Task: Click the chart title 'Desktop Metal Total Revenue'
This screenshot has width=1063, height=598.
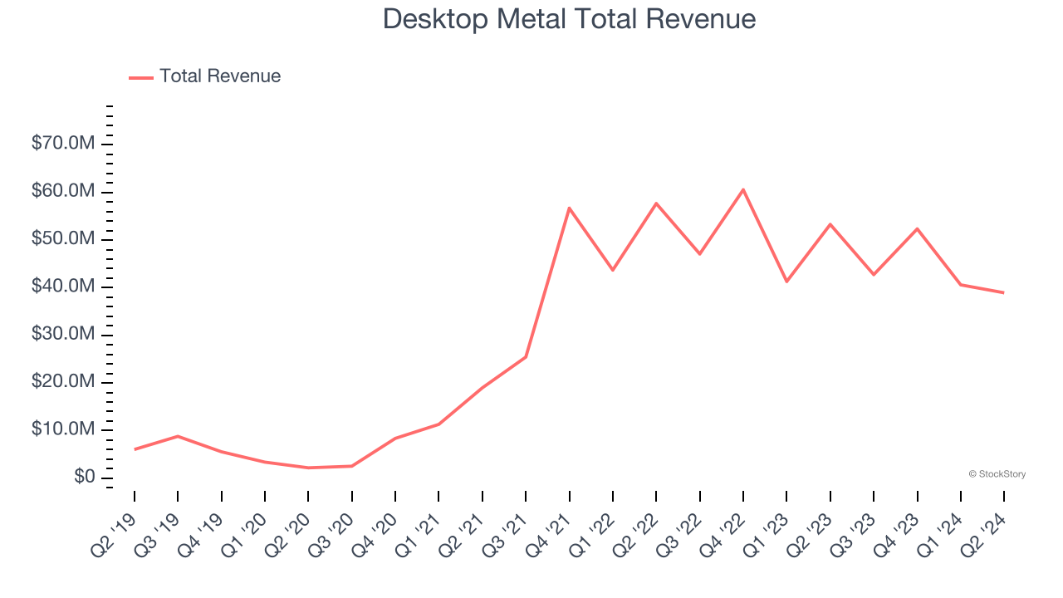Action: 569,19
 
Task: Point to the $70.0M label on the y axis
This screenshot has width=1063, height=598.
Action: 63,144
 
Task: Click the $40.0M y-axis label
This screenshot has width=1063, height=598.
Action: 63,287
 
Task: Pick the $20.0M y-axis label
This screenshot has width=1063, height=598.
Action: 63,382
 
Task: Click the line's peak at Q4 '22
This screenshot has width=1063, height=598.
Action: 743,189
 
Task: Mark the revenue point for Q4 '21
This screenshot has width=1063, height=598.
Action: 570,208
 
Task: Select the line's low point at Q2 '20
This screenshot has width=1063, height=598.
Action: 308,468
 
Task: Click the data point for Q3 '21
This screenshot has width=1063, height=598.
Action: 526,357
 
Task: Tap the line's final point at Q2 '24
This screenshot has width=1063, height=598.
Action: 1004,292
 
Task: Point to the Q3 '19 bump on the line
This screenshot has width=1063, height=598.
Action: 178,436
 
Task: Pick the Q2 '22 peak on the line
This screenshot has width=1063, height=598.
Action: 656,203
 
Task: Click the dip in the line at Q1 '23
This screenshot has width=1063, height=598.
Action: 786,282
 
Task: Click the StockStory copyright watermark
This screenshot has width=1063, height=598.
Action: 997,474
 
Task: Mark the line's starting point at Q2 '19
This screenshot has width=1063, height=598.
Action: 135,449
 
